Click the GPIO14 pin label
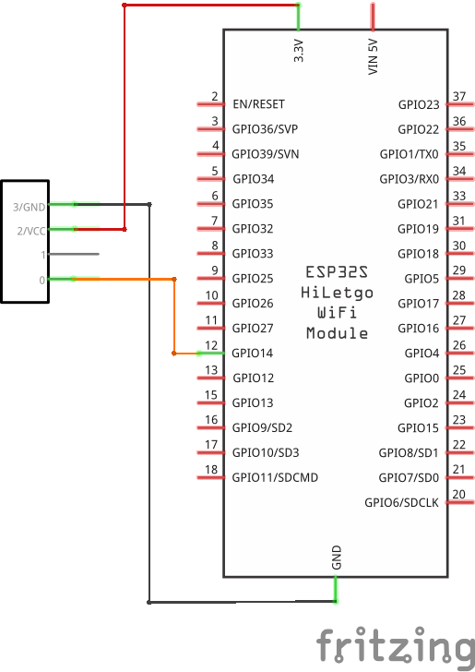point(253,354)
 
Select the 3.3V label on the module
point(299,51)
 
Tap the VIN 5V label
point(373,57)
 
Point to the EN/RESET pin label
point(258,104)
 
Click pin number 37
point(459,96)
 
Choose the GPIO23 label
point(419,104)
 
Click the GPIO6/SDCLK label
point(402,502)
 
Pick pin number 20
point(458,494)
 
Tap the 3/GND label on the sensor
point(30,207)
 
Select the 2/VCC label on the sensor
point(31,231)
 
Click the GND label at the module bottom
point(337,558)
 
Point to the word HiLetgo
point(337,293)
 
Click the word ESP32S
point(337,272)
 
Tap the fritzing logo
point(396,647)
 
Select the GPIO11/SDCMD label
point(275,477)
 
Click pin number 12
point(211,345)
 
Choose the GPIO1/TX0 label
point(409,154)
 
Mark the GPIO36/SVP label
point(265,129)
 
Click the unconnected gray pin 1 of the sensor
point(74,254)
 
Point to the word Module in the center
point(337,333)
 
